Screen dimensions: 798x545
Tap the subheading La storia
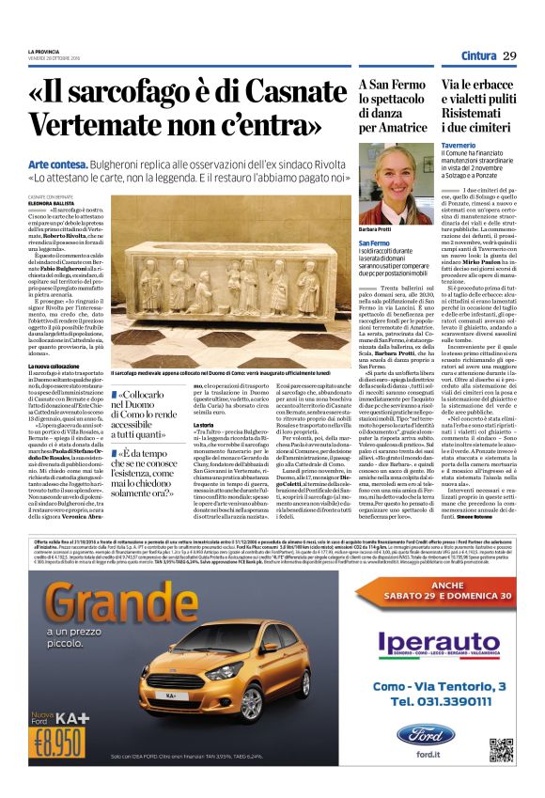(x=203, y=450)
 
